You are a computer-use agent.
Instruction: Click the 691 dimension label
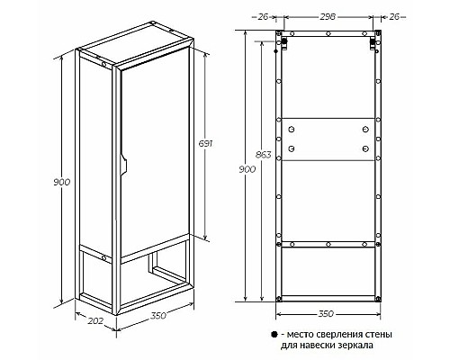205,144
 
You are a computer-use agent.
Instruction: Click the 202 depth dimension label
95,320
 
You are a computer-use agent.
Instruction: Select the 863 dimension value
263,155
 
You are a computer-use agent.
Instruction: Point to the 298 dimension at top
328,17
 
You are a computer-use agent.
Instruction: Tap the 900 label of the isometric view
61,182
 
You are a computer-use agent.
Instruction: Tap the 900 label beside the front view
247,169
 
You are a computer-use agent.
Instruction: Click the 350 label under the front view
326,314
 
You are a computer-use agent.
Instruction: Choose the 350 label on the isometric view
158,316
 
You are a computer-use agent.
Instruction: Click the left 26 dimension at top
263,17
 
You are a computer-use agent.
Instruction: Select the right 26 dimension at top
394,17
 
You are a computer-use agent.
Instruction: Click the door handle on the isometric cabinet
123,165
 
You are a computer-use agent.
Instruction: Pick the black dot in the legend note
274,335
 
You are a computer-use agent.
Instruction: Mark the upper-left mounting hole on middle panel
291,130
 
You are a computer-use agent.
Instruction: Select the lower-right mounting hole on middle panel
365,148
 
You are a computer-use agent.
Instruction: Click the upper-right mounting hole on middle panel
365,130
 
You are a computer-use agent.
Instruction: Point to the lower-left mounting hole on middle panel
291,148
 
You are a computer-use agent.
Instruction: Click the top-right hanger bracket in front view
372,43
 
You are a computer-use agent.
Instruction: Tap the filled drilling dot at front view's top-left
283,40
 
